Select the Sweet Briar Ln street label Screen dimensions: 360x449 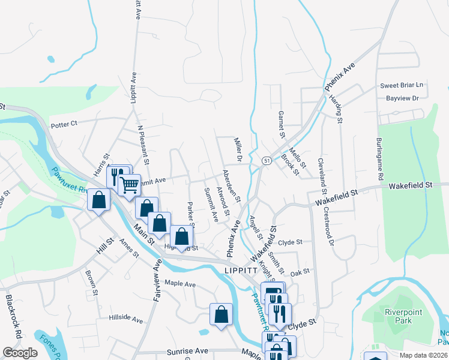tap(402, 85)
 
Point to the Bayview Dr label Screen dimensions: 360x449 tap(402, 98)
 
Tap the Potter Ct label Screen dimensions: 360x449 tap(65, 124)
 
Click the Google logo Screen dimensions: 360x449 tap(20, 353)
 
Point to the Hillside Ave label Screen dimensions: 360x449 tap(126, 319)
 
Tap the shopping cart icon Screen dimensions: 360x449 tap(129, 185)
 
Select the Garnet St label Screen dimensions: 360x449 tap(280, 124)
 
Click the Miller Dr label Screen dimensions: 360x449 tap(238, 148)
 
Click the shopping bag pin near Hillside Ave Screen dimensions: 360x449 tap(221, 314)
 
